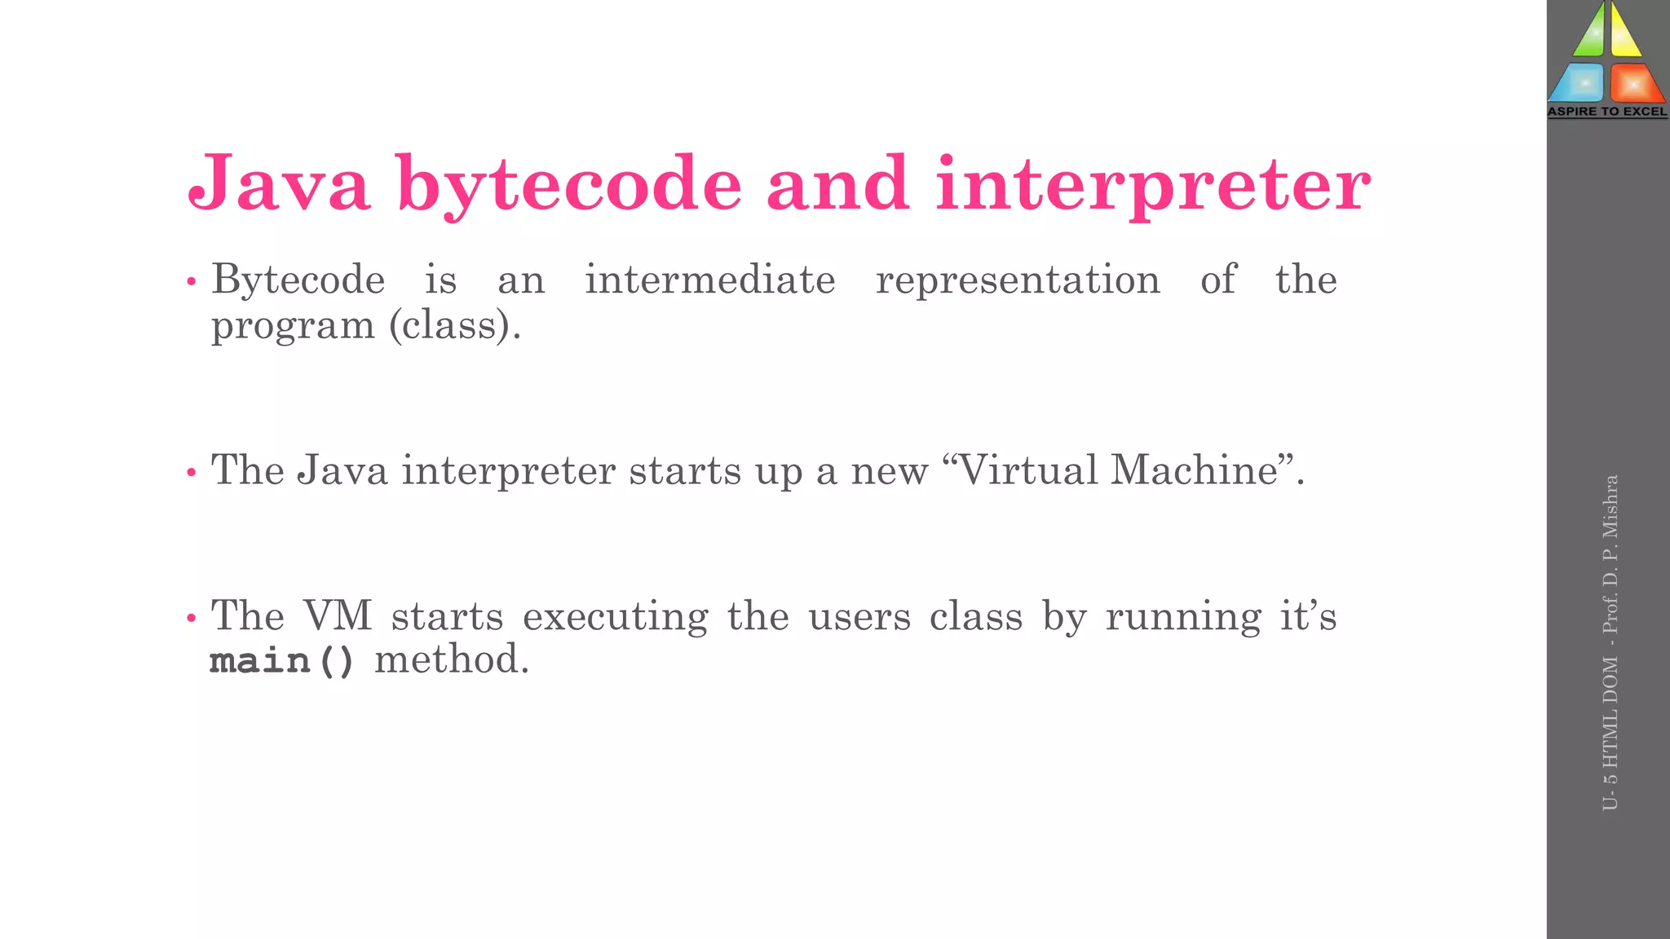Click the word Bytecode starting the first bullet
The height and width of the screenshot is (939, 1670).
(298, 281)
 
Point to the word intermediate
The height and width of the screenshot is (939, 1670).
(710, 280)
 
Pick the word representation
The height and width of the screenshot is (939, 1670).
(1018, 280)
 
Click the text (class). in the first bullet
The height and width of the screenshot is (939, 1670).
(455, 326)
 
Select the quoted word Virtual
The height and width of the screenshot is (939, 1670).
(1028, 470)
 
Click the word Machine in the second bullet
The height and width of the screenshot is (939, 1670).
(1195, 470)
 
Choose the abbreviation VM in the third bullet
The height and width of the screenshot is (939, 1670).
(338, 615)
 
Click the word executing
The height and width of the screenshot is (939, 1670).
(616, 617)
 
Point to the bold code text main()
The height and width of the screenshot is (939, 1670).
(282, 660)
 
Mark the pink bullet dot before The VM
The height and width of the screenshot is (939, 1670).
(192, 619)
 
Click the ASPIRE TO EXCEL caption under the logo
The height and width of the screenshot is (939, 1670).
(1607, 112)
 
